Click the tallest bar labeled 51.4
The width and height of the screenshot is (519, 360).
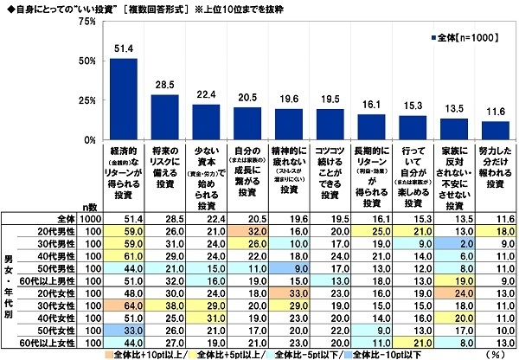[x=123, y=99]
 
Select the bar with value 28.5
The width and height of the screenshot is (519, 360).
[x=164, y=117]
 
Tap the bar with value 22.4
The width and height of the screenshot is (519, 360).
[x=205, y=122]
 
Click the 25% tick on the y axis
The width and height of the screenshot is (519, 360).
[x=86, y=100]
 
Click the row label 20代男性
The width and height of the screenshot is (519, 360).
[x=60, y=233]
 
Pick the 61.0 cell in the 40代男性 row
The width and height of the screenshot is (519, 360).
[x=123, y=257]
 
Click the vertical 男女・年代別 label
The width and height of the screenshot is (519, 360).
[x=10, y=281]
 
